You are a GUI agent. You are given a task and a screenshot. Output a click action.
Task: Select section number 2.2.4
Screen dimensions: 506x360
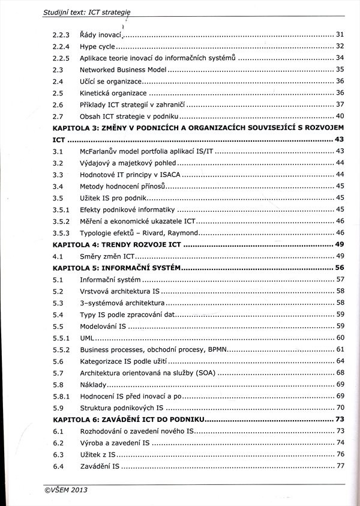[61, 46]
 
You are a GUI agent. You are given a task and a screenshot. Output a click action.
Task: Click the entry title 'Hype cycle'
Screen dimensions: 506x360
[97, 46]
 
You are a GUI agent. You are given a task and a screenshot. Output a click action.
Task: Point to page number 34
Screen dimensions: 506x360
[340, 58]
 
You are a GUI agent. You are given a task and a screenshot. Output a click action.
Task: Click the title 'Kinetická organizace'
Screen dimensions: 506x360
[113, 93]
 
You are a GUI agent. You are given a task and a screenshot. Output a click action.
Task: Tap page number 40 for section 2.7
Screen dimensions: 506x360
[340, 116]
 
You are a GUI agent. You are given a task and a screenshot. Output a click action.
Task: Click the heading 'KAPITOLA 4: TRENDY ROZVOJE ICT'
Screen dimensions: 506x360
[117, 244]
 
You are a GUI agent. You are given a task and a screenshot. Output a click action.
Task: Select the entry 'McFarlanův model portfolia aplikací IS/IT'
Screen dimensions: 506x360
[146, 151]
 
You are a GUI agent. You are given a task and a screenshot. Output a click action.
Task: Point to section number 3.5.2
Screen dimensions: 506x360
[61, 221]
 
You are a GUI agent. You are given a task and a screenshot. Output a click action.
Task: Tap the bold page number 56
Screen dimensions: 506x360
[340, 268]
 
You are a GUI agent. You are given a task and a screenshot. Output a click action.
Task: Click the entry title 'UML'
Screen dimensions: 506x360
[87, 338]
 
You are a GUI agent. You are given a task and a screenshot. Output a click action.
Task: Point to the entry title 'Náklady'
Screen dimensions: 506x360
[93, 384]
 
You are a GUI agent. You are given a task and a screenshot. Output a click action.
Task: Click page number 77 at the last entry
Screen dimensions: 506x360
[340, 466]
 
